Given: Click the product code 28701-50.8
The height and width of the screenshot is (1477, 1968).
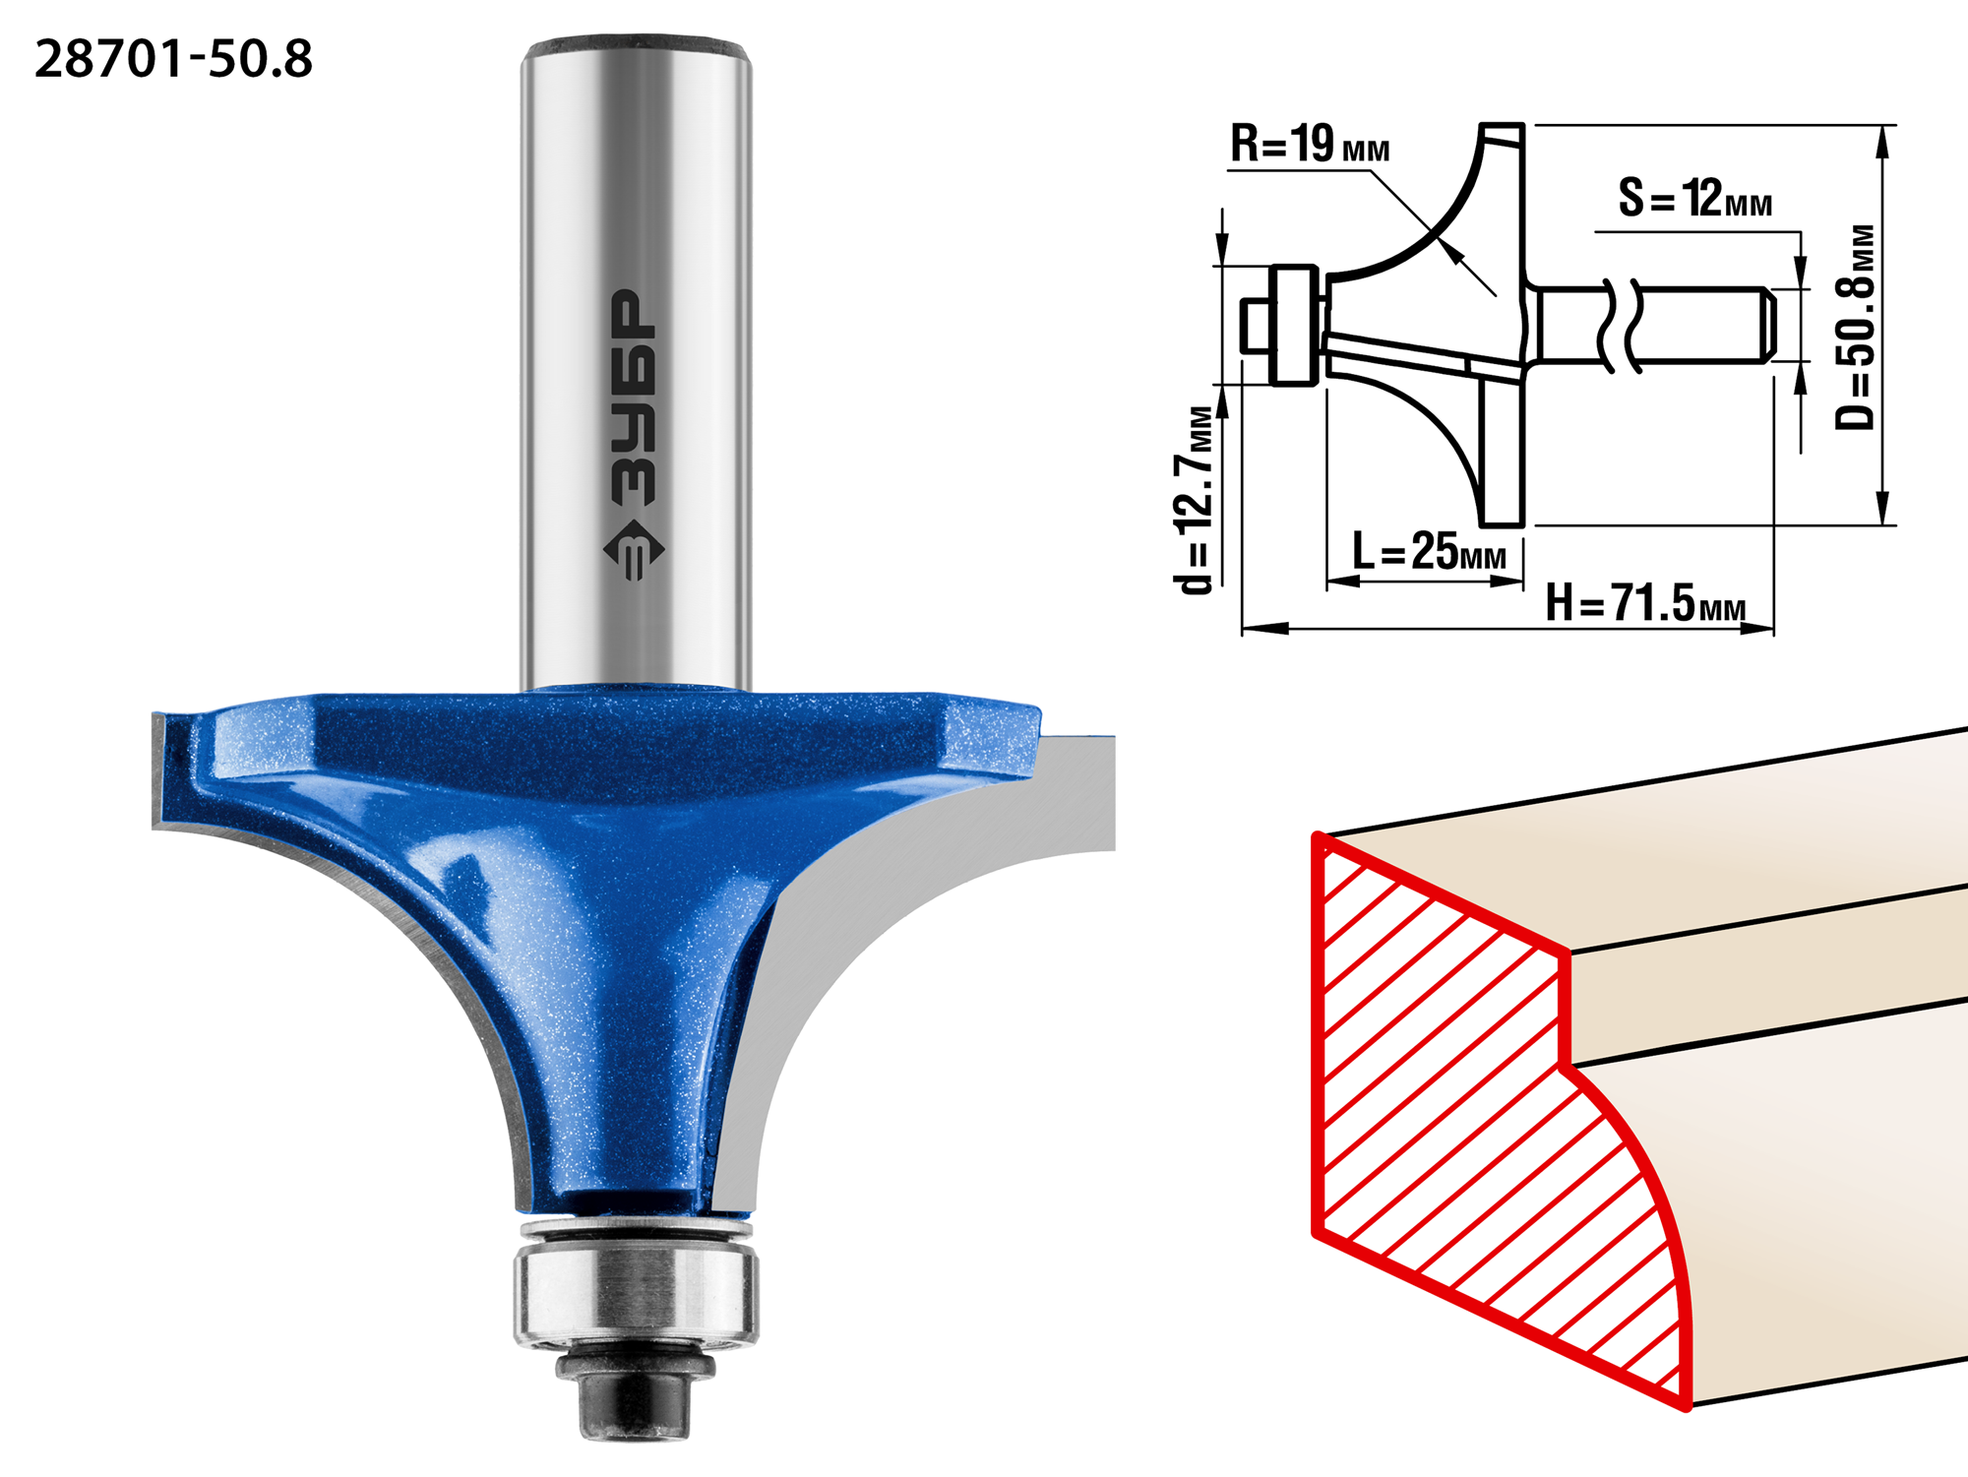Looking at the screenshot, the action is click(173, 59).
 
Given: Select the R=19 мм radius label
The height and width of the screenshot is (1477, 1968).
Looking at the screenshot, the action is click(1310, 144).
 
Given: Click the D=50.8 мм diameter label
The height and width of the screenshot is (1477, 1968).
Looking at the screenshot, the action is click(1856, 327).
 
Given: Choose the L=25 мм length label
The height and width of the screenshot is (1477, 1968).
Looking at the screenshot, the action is click(1429, 551).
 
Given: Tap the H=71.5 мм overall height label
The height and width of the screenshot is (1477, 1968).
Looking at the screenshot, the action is click(1645, 602).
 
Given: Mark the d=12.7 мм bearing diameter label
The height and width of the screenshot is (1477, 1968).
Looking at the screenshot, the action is click(1195, 499).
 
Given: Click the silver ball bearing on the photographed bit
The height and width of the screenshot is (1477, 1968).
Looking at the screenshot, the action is click(636, 1283).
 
